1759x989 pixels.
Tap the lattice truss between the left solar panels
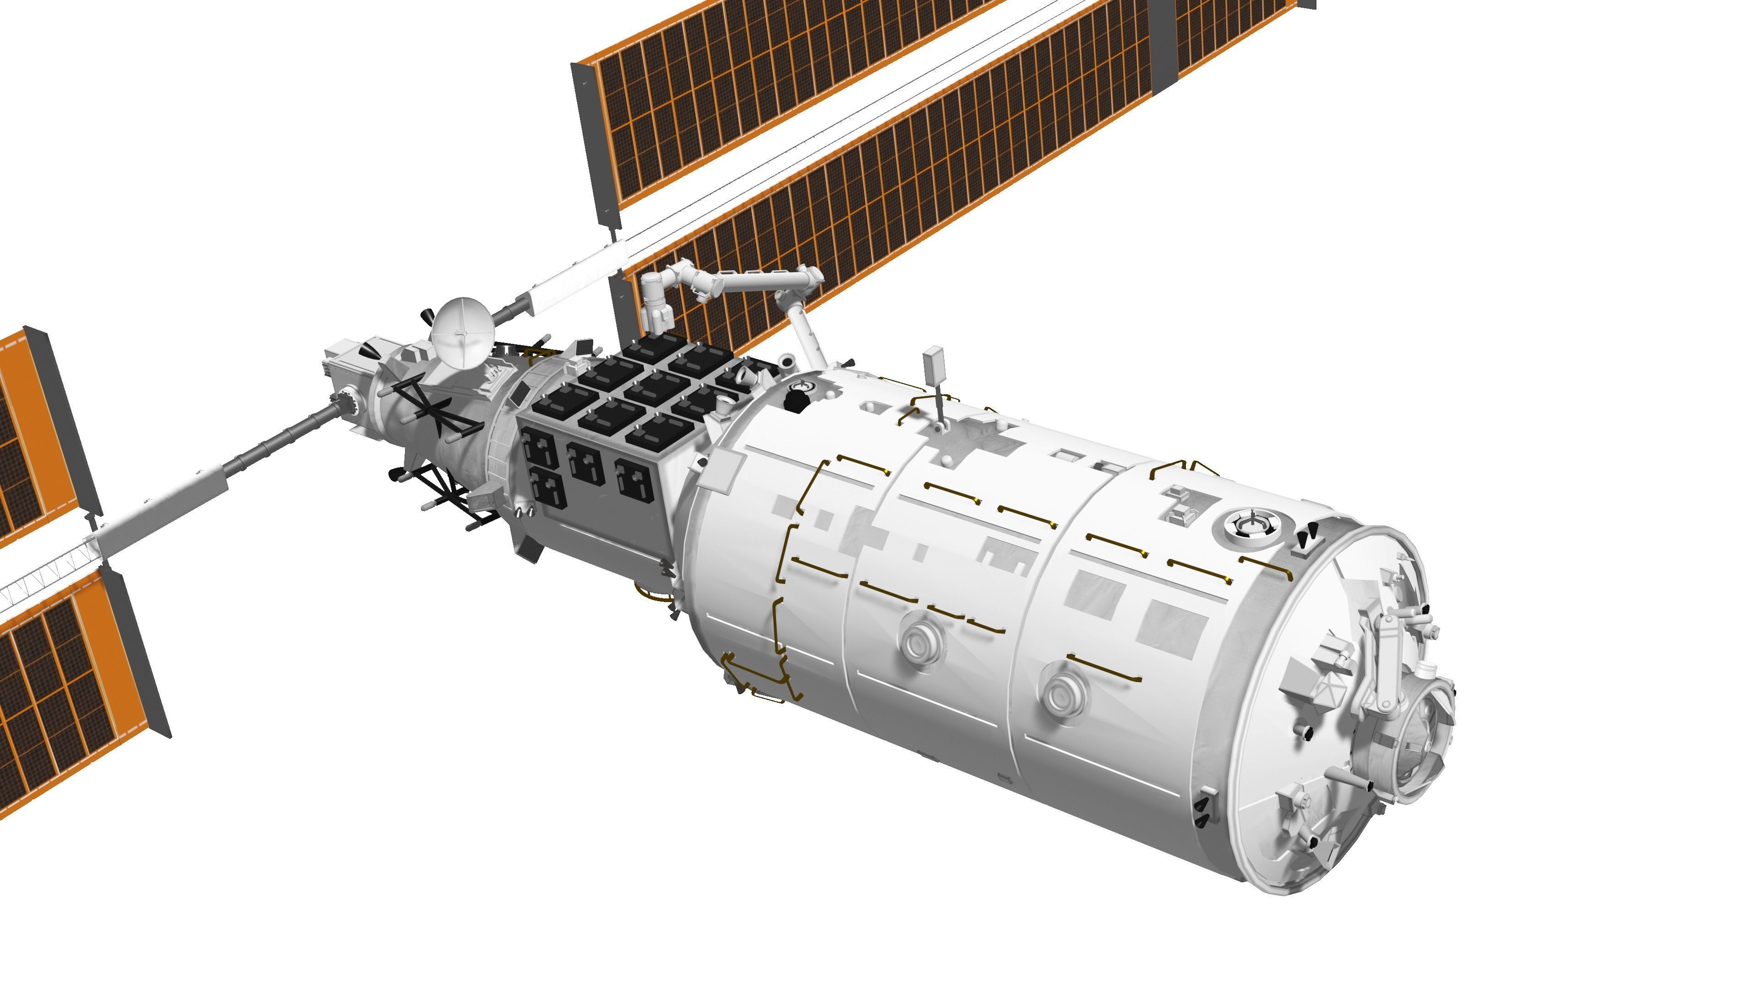pos(41,580)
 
